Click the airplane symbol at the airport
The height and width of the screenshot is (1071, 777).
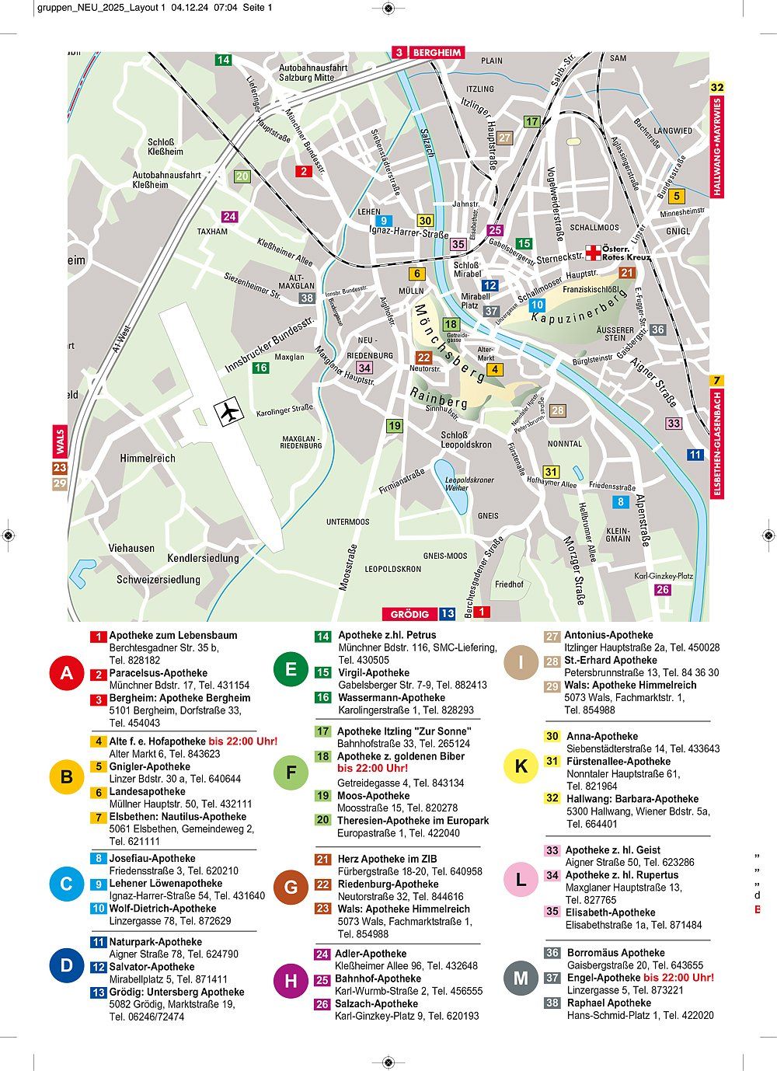coord(228,412)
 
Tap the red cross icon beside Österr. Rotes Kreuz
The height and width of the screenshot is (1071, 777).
coord(594,252)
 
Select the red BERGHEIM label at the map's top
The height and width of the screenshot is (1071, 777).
coord(437,53)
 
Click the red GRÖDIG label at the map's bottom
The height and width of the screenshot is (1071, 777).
coord(409,614)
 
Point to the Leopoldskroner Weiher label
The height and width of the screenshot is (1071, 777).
coord(469,483)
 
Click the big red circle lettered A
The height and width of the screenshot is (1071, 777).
coord(67,673)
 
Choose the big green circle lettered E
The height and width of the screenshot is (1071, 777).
coord(291,669)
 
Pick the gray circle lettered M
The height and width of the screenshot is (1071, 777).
coord(521,978)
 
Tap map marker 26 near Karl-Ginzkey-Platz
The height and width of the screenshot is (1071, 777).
coord(663,590)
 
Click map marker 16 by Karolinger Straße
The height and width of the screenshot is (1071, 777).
coord(260,368)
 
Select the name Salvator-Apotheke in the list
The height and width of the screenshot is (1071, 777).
coord(152,967)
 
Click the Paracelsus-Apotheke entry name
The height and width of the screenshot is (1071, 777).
coord(159,673)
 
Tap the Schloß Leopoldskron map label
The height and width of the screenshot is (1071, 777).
coord(466,440)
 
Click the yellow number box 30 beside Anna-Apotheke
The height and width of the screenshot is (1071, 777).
coord(552,736)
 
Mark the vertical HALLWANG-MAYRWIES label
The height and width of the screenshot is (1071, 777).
coord(717,146)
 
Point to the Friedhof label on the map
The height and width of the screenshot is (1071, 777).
coord(509,584)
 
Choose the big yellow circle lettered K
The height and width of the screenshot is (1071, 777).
coord(521,766)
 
